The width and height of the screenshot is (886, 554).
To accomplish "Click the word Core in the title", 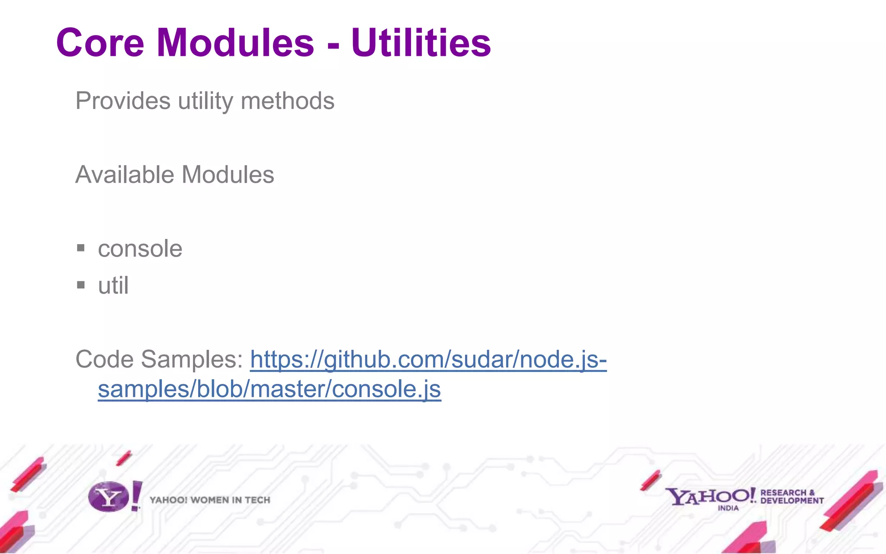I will click(x=100, y=43).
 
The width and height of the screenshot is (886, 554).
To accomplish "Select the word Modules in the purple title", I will click(x=235, y=43).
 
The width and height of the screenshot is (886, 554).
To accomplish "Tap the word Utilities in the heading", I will click(x=421, y=43).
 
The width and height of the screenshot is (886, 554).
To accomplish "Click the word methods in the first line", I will click(x=288, y=101).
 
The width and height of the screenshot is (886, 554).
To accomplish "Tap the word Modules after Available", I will click(x=228, y=175).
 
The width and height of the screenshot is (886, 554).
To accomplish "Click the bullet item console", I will click(x=140, y=249).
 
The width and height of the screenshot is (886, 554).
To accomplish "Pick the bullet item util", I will click(x=113, y=286).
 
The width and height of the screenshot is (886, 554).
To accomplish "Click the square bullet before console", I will click(x=80, y=248).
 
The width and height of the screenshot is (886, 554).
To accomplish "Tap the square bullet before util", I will click(x=80, y=285).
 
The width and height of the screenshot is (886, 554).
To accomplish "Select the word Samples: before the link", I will click(x=192, y=359).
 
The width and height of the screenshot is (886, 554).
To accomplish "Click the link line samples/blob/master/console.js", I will click(x=269, y=389).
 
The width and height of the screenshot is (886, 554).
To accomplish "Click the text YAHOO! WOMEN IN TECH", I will click(x=210, y=500).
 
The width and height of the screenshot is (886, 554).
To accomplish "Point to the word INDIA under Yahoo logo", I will click(x=728, y=508).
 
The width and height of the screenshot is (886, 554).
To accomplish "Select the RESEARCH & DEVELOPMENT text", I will click(x=792, y=496).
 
